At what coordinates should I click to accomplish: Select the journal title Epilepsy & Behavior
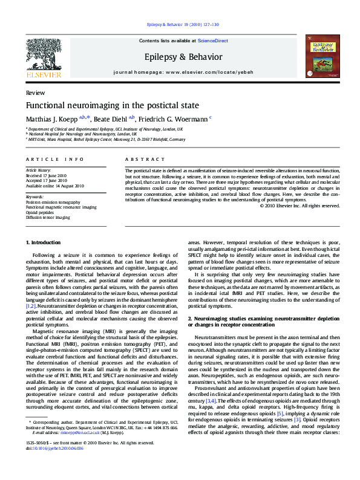tap(180, 56)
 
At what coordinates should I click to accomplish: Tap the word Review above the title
tap(35, 93)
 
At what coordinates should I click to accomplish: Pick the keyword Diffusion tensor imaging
tap(48, 217)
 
